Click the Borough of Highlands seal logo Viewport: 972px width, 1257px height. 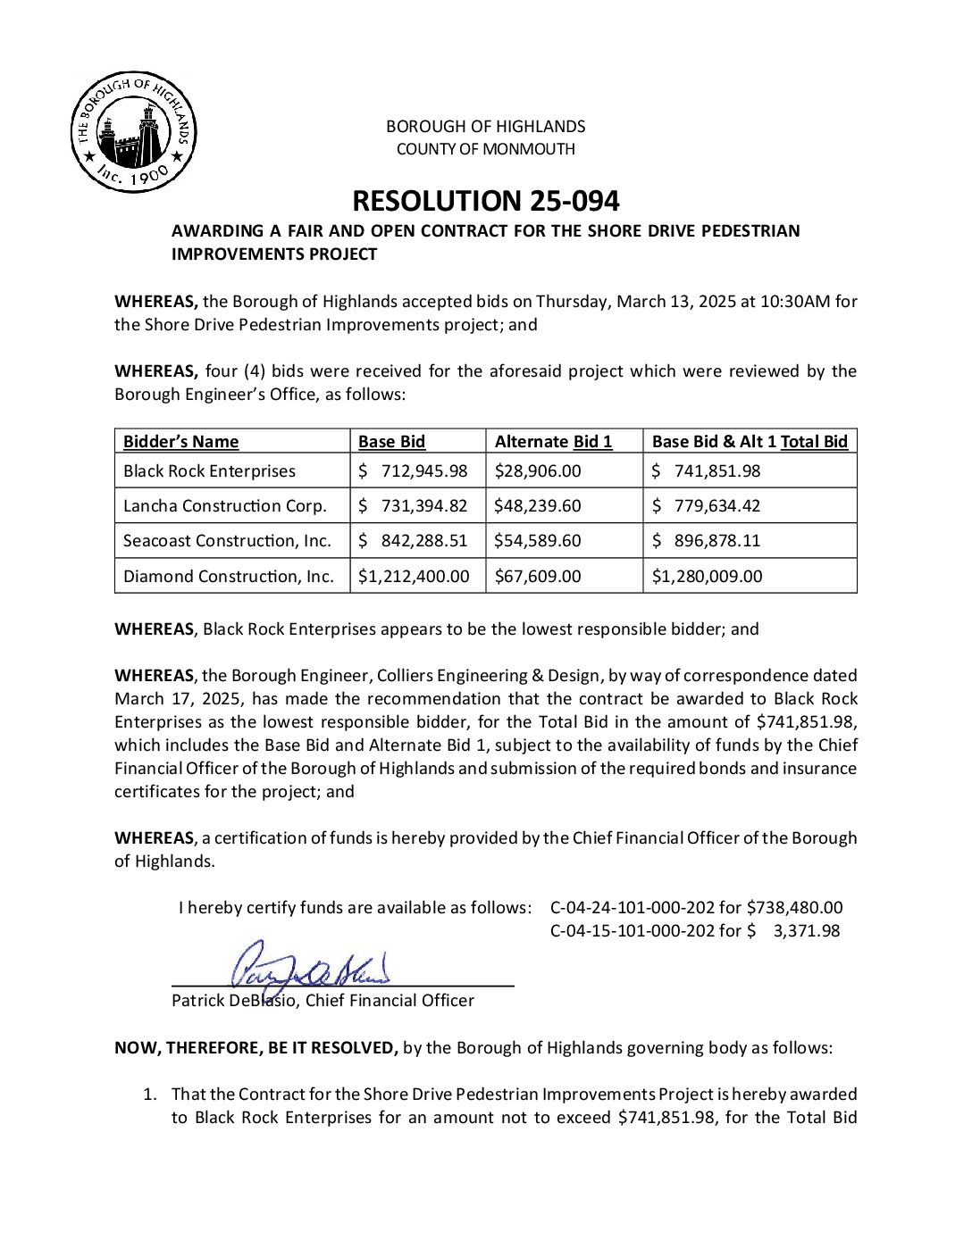pos(133,132)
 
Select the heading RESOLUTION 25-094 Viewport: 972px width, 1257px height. pos(485,201)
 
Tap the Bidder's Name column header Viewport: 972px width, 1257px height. pos(180,441)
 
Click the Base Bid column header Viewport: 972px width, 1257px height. pos(391,441)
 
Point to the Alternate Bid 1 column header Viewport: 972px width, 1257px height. pos(553,441)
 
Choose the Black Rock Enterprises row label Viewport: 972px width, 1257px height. pos(209,470)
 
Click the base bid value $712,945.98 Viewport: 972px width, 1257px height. pos(413,470)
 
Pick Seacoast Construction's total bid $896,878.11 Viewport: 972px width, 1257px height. pos(706,540)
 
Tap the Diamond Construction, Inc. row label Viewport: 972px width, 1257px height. pos(228,576)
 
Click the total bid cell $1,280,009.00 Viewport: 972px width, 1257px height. pos(707,576)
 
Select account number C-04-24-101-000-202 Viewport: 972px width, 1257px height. pos(633,907)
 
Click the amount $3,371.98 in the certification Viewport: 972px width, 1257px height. pos(806,930)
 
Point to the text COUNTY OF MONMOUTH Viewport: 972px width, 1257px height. pos(485,149)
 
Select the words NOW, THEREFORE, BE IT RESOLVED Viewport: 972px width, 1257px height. pos(256,1047)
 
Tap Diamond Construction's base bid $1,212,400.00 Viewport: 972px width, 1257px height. pos(413,576)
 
